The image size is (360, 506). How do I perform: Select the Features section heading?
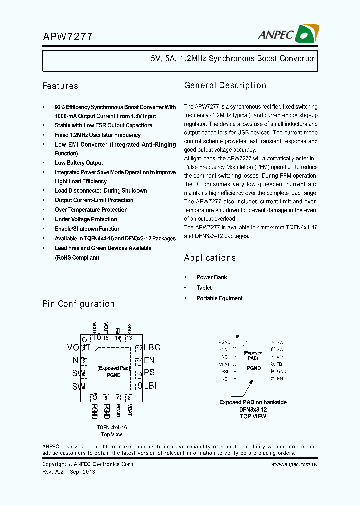(60, 86)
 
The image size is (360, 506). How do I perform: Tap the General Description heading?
(225, 85)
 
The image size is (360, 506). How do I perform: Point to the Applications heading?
(210, 258)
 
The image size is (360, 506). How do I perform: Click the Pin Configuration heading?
(78, 304)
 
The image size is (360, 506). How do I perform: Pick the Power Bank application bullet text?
(212, 277)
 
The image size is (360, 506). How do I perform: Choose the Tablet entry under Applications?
(204, 288)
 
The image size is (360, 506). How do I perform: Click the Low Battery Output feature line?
(79, 163)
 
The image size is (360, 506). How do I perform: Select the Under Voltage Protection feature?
(86, 219)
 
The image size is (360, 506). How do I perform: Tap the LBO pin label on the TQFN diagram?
(152, 347)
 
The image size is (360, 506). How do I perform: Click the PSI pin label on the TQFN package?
(150, 373)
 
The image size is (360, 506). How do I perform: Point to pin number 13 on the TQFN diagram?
(129, 338)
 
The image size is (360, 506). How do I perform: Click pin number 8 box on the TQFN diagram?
(129, 398)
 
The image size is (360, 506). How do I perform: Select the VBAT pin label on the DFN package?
(224, 364)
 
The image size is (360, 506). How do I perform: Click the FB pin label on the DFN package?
(279, 364)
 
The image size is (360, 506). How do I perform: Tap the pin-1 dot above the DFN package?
(237, 336)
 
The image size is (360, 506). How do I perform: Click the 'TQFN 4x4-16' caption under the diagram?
(112, 427)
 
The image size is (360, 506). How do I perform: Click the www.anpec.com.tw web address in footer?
(294, 464)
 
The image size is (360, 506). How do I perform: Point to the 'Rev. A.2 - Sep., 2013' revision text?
(69, 472)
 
